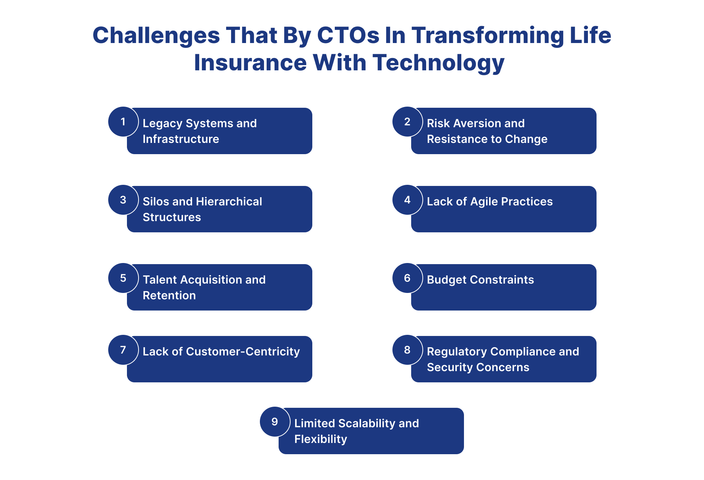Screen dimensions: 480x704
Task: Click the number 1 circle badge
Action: (x=123, y=122)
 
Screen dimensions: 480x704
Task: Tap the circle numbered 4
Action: (x=407, y=200)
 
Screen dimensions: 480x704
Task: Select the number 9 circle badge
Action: (x=275, y=422)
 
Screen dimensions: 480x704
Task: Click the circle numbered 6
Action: (x=407, y=278)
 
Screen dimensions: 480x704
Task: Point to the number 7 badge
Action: (x=123, y=350)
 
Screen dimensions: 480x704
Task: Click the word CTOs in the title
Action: (x=348, y=36)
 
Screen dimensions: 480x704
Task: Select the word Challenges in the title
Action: (x=156, y=36)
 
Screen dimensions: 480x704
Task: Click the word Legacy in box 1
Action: (x=162, y=123)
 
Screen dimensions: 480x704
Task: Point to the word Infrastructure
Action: (x=181, y=139)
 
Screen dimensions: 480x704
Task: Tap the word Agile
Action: (x=484, y=202)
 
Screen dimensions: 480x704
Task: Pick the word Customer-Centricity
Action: (x=243, y=352)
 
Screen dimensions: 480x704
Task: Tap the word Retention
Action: (x=169, y=296)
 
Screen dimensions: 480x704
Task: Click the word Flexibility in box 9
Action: (x=321, y=439)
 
